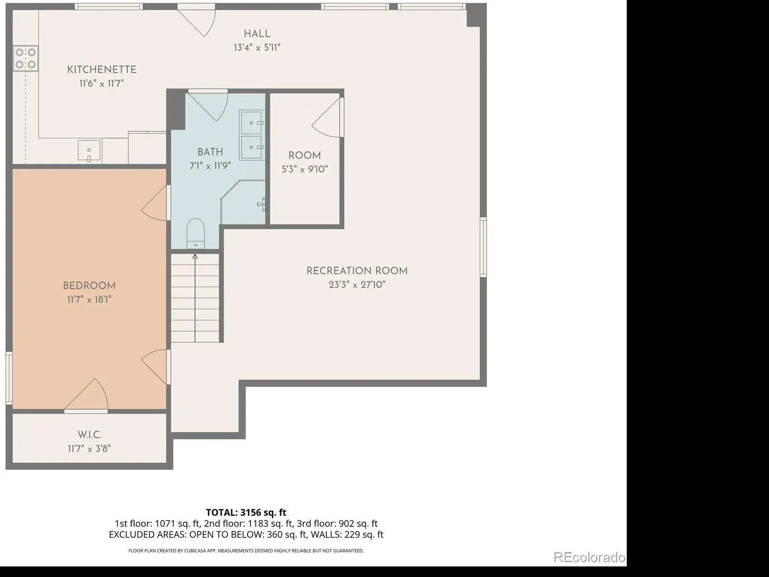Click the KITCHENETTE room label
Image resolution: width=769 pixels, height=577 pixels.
[101, 70]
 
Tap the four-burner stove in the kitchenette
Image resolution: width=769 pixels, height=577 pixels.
[25, 58]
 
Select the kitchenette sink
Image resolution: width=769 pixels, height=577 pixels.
[89, 151]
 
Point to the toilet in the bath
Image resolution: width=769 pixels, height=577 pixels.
[196, 233]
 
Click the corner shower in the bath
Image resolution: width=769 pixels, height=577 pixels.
[243, 202]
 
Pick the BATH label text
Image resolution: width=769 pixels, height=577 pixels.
[210, 152]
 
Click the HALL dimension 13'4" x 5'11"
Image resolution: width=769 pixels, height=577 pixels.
[257, 48]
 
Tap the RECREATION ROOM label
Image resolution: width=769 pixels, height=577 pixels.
[357, 271]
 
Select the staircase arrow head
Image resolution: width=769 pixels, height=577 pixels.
[195, 256]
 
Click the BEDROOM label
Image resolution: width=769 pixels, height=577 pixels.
[89, 286]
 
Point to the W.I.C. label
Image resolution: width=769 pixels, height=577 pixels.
[90, 435]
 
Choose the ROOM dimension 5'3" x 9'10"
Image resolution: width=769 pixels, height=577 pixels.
[305, 170]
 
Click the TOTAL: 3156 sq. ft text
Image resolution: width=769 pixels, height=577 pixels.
[246, 513]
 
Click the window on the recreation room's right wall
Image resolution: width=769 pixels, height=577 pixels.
[483, 247]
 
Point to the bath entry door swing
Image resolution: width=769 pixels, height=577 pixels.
[209, 105]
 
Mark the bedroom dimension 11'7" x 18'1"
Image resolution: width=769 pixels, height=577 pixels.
[89, 300]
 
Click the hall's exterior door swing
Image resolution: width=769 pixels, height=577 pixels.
[197, 20]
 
